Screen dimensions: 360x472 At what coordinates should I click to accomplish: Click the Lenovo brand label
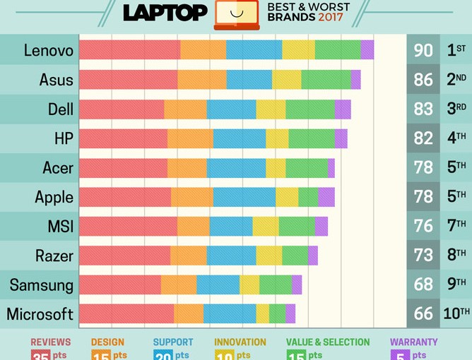pos(48,51)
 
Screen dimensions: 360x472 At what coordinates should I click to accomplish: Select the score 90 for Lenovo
pos(423,51)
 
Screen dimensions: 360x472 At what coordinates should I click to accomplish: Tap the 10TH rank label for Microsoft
pos(456,313)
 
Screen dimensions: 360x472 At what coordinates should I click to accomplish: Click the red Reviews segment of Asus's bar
pos(128,80)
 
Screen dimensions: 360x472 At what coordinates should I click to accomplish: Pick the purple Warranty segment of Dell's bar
pos(343,109)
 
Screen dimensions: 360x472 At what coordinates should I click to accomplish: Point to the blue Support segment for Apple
pos(244,197)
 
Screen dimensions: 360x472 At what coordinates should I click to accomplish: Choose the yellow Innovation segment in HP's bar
pos(277,138)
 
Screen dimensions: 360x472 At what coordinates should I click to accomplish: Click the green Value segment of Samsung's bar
pos(275,284)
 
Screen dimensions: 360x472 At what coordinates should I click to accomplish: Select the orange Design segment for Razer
pos(188,256)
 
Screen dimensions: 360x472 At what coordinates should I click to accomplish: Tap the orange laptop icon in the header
pos(237,14)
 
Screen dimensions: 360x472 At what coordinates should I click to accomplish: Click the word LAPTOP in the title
pos(165,13)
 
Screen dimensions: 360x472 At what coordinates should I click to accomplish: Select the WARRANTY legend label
pos(413,342)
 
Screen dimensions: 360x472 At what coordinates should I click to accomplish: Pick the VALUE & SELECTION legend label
pos(328,342)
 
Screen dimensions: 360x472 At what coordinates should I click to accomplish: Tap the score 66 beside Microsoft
pos(423,314)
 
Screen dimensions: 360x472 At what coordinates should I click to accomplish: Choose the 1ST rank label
pos(456,51)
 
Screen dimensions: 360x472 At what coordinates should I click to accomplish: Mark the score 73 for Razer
pos(423,256)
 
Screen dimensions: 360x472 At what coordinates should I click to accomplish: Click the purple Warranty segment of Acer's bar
pos(331,168)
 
